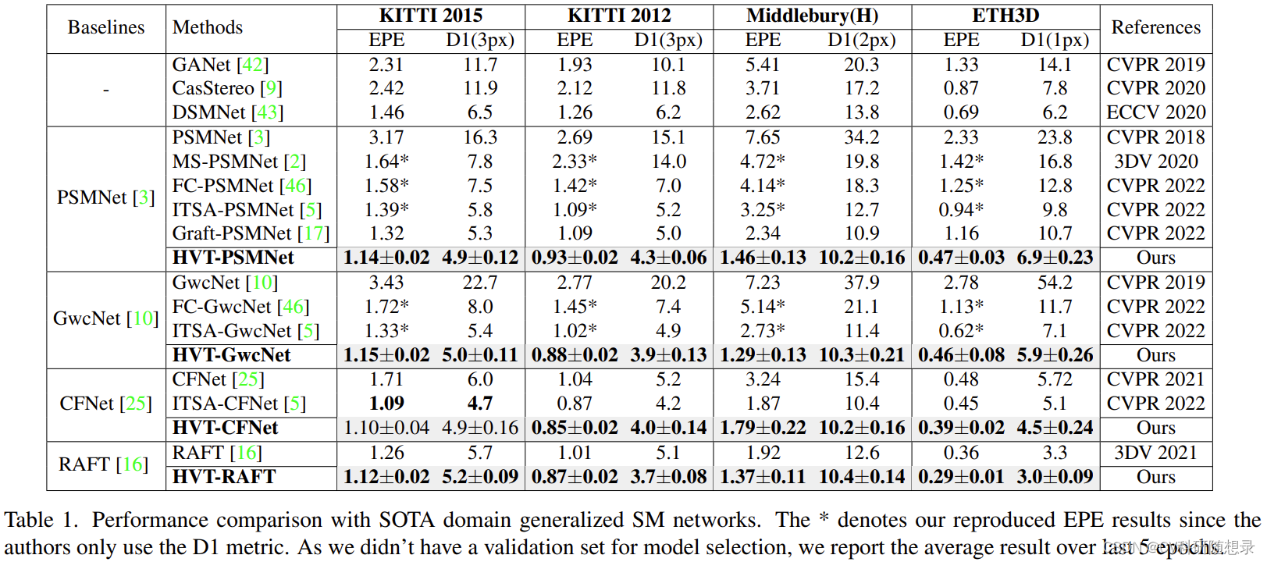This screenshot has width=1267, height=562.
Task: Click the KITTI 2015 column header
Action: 430,16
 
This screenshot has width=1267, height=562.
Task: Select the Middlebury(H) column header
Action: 812,16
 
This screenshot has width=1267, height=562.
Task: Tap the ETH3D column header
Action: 1005,16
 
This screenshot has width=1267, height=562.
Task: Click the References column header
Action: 1155,27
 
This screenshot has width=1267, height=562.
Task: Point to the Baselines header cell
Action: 106,27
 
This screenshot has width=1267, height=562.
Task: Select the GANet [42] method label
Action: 220,65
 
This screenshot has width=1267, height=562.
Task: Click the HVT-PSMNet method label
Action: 233,258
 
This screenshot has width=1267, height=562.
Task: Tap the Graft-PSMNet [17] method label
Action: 251,233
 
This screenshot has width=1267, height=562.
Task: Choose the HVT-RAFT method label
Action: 224,477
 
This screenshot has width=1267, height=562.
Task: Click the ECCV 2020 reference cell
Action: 1155,112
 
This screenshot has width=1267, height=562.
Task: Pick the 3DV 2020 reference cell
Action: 1155,162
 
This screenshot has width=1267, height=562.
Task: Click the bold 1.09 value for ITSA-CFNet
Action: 386,404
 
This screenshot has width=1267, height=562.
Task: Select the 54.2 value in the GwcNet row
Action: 1055,283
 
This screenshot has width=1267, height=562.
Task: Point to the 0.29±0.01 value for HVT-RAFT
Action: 961,477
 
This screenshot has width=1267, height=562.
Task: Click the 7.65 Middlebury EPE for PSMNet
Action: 763,137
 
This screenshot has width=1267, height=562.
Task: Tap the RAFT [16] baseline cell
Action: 103,464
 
